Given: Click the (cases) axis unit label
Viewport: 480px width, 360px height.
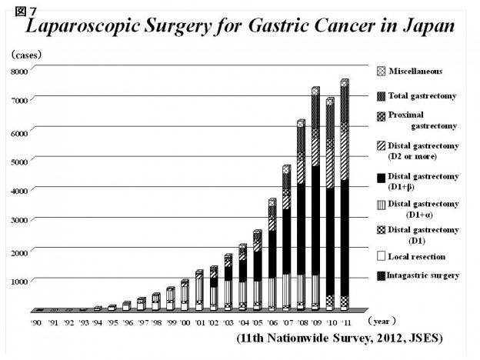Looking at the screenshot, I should click(26, 55).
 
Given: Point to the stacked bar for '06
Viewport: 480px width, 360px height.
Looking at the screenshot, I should click(272, 255).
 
